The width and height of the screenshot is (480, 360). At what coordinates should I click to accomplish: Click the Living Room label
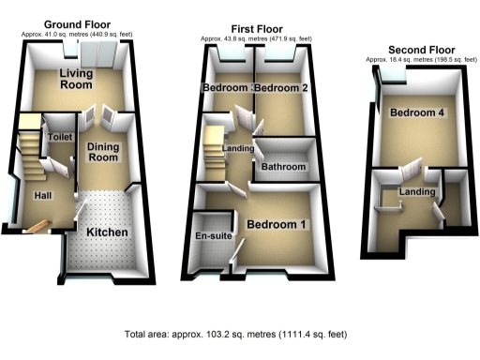coord(77,79)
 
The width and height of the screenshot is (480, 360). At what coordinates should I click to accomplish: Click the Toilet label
coord(59,137)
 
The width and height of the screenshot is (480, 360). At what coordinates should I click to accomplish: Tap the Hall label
coord(43,195)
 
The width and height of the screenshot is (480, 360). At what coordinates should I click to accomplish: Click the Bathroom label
coord(284,167)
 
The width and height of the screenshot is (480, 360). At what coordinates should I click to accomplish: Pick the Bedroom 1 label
coord(276,225)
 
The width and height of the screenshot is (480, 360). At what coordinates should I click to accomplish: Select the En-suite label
coord(214,235)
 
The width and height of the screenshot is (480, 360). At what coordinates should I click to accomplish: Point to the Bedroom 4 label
coord(417,113)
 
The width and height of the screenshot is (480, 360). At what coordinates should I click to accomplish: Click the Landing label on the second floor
coord(417,192)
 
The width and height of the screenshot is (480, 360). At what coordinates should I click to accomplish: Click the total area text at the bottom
coord(240,335)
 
